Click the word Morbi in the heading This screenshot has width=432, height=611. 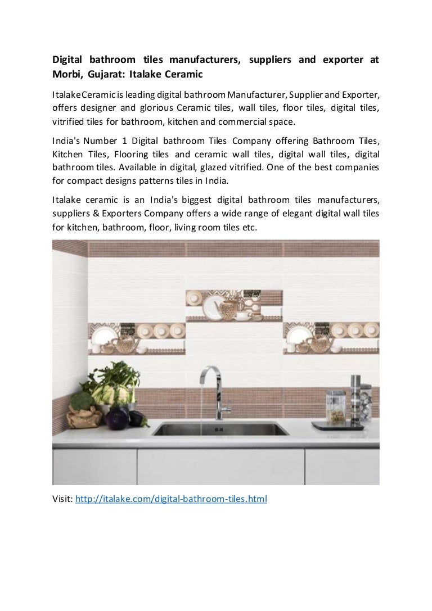66,74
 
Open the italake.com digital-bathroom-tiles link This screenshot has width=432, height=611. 171,499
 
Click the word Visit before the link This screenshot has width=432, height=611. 62,499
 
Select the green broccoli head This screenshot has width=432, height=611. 82,401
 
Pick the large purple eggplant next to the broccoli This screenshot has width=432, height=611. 117,418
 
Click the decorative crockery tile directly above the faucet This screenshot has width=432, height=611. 234,306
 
